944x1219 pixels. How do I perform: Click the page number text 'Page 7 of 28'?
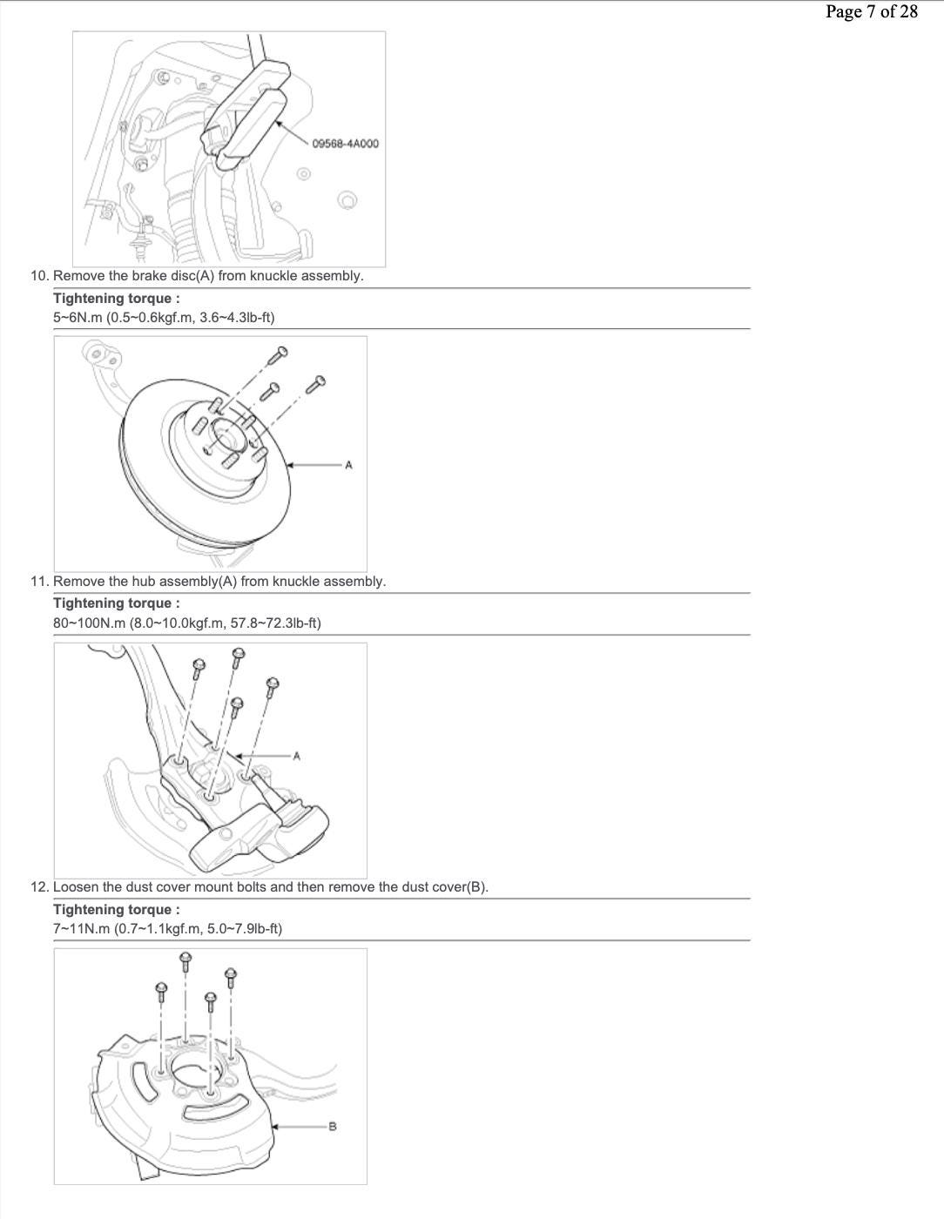tap(872, 12)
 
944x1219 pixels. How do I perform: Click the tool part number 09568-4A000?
tap(345, 144)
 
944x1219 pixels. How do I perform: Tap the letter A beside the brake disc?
tap(348, 465)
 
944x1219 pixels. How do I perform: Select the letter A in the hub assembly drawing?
tap(297, 756)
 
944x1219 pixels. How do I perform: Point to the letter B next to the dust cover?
tap(332, 1127)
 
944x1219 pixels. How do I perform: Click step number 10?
tap(40, 276)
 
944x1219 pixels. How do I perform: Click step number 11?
tap(40, 582)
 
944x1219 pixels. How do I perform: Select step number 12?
tap(40, 887)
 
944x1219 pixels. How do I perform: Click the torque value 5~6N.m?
tap(78, 318)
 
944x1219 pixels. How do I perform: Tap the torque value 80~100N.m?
tap(89, 623)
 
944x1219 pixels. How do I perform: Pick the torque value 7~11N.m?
tap(81, 928)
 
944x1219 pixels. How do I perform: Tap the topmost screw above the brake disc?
tap(278, 355)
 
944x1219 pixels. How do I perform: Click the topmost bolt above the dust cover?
tap(185, 961)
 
